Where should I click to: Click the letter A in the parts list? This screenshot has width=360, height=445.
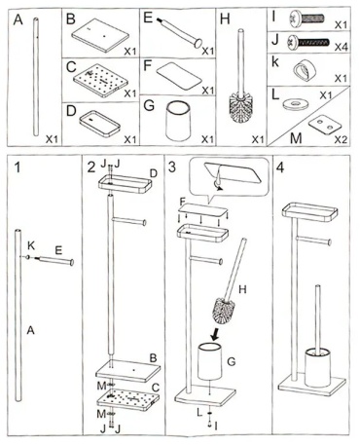point(18,19)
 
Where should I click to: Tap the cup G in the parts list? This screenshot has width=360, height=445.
point(177,121)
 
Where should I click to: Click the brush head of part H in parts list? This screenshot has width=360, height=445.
point(240,108)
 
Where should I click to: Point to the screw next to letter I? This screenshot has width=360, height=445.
point(306,18)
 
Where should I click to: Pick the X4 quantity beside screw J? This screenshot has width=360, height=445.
point(341,47)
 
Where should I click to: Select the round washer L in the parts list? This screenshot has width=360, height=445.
point(295,104)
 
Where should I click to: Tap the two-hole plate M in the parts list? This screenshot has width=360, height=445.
point(325,126)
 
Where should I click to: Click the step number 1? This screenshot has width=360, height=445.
point(18,167)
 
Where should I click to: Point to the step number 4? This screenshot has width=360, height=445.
point(280,167)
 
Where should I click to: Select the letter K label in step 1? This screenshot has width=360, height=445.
point(31,245)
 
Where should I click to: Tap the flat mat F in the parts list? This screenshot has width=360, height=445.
point(179,75)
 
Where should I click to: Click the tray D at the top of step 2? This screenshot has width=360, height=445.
point(126,184)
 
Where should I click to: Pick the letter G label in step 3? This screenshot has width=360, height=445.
point(232,361)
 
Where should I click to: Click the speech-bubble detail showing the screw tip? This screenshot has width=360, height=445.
point(230,177)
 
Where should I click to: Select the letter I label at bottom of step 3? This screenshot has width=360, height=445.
point(216,426)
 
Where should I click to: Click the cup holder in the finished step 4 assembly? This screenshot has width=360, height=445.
point(317,367)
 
